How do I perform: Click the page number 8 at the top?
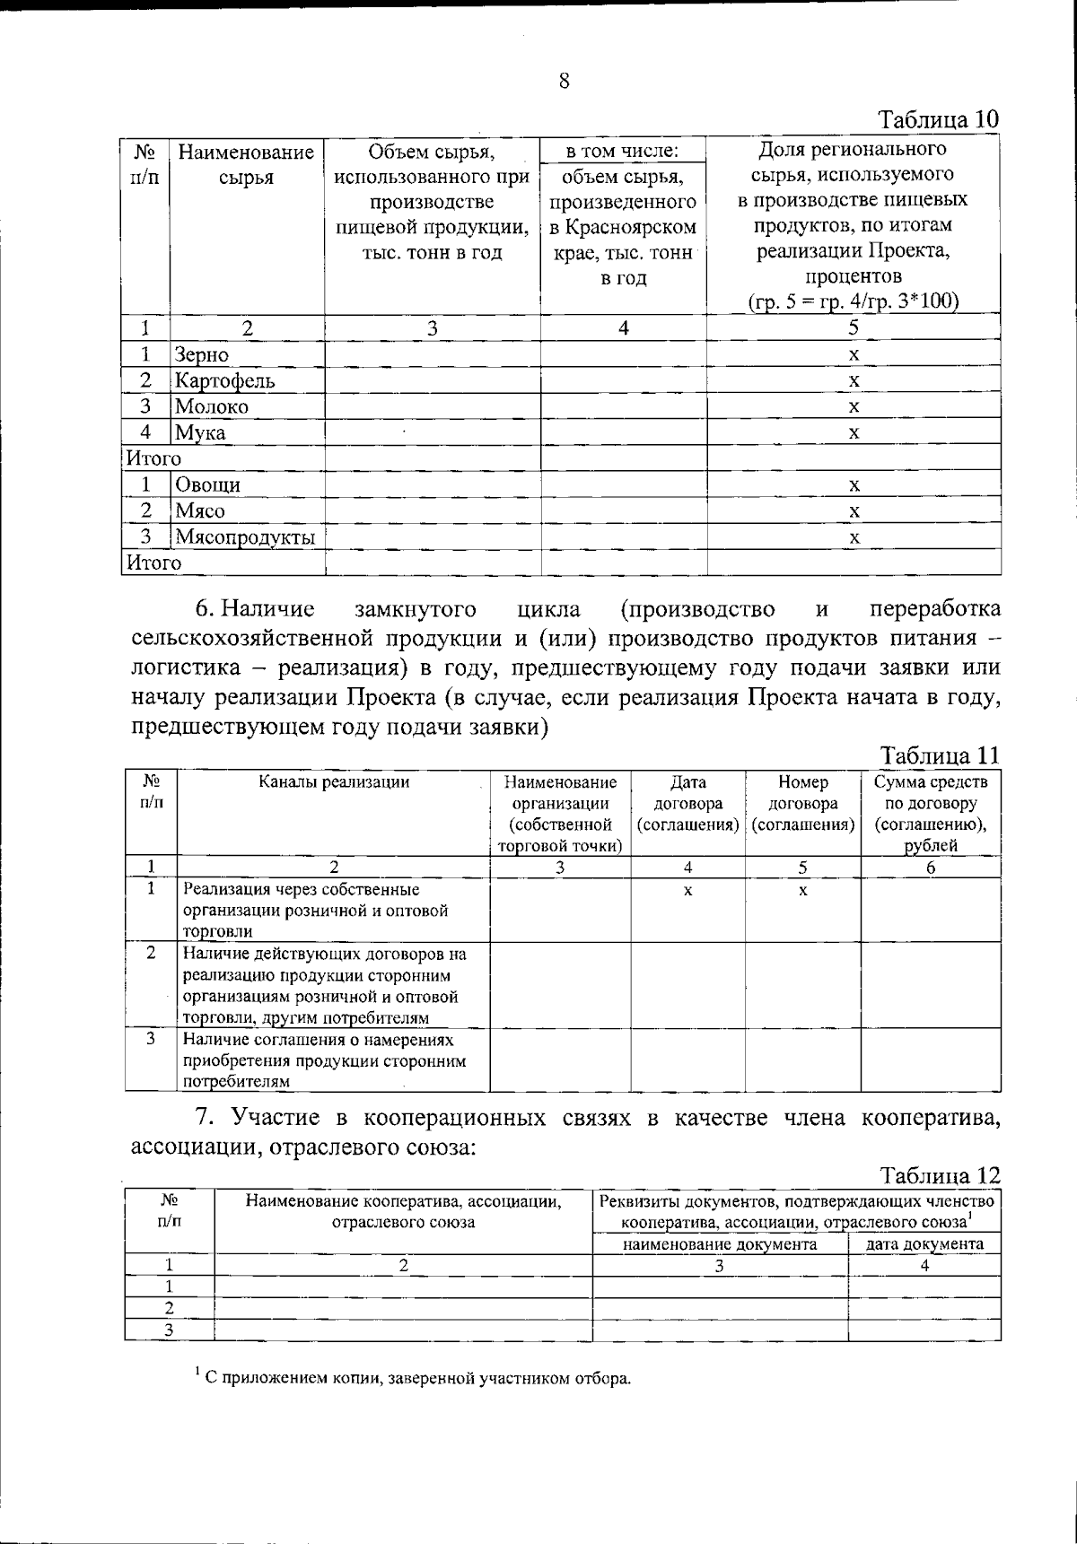coord(564,82)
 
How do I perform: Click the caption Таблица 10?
coord(938,119)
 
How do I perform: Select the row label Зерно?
coord(202,355)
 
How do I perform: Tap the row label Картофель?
coord(224,381)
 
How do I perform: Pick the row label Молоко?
coord(212,407)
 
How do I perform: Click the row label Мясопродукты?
coord(245,538)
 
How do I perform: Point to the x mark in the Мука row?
coord(854,433)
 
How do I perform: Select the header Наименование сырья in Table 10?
coord(246,164)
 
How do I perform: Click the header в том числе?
coord(623,150)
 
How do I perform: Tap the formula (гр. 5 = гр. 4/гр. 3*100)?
coord(854,301)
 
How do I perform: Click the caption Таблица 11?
coord(939,755)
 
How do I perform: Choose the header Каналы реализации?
coord(334,782)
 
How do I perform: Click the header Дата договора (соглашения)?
coord(687,804)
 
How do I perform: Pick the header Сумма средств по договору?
coord(931,804)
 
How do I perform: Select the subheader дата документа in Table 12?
coord(924,1244)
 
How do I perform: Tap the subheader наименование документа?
coord(720,1244)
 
